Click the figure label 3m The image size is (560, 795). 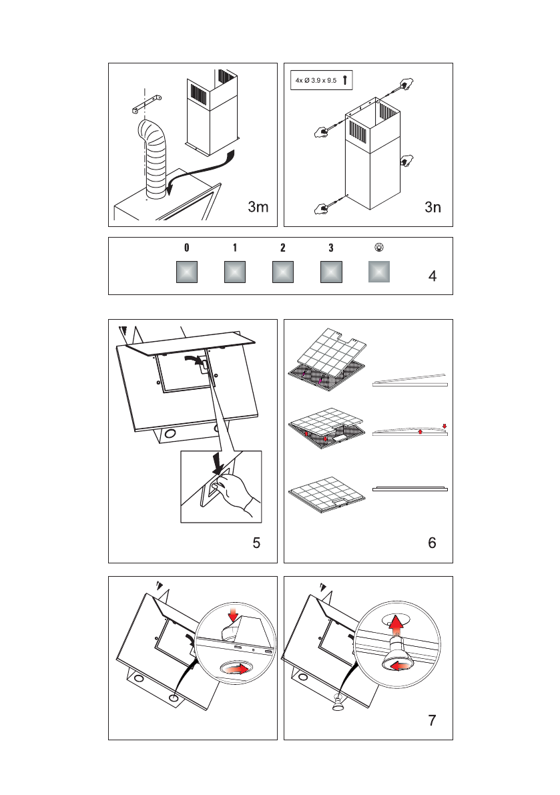pos(258,208)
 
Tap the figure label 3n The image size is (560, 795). pos(433,208)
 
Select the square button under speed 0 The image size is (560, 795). pos(187,272)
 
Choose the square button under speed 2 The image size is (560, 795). pos(283,272)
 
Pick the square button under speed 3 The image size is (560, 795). pos(331,272)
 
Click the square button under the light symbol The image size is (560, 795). pos(379,272)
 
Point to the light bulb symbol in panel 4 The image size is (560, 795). pos(379,247)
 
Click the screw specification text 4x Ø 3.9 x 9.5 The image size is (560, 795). pos(316,81)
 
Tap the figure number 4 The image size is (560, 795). pos(433,276)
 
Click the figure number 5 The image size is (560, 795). pos(257,543)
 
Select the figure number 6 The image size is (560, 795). pos(433,543)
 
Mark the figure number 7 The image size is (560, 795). pos(433,720)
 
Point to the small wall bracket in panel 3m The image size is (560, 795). pos(147,103)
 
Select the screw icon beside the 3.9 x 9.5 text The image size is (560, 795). pos(344,81)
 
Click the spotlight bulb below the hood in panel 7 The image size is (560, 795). pos(338,702)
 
